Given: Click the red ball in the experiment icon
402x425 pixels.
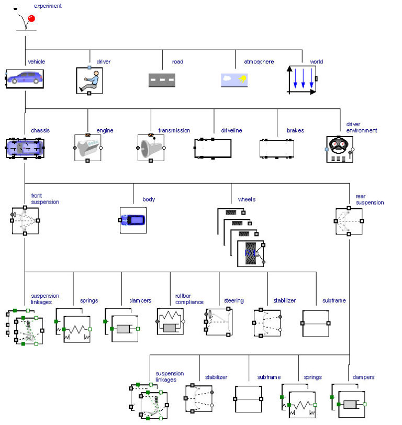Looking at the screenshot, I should pos(31,19).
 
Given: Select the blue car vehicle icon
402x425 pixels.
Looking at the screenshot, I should pos(25,79).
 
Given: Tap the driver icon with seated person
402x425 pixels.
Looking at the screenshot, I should pos(89,80).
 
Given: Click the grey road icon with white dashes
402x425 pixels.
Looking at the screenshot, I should pos(162,80).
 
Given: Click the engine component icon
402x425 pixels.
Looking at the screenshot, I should pos(88,148).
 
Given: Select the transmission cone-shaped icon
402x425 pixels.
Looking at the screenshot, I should pos(151,148).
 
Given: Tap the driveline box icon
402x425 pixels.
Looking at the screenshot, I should pos(214,148).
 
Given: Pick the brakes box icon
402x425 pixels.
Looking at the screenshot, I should pos(276,149).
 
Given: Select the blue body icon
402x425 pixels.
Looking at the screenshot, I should pos(133,220).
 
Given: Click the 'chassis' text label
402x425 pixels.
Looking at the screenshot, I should pos(40,130).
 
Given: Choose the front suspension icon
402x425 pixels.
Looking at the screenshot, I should pos(25,220).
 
